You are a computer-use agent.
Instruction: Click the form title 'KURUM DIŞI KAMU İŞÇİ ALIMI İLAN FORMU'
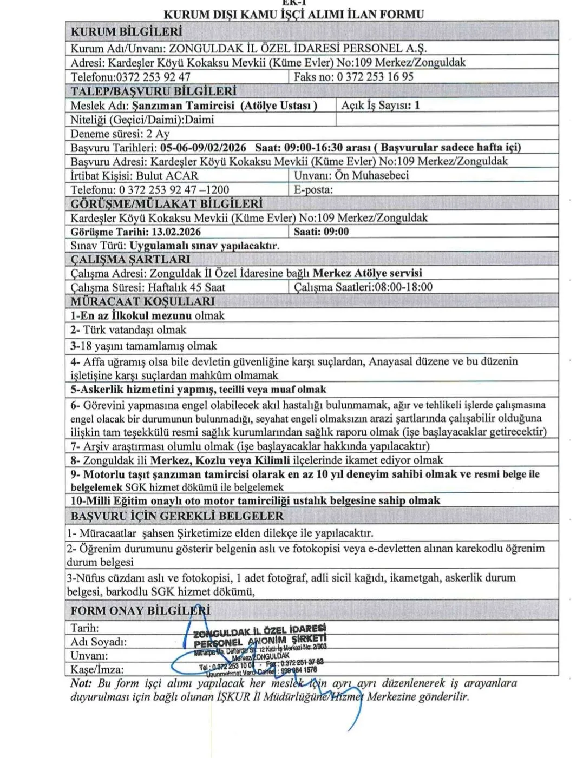(x=294, y=14)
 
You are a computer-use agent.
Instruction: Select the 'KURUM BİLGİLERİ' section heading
(x=126, y=32)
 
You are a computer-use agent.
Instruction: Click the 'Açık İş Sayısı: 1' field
(x=380, y=105)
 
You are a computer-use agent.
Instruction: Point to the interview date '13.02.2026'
(x=176, y=232)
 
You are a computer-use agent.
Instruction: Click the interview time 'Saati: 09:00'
(x=321, y=232)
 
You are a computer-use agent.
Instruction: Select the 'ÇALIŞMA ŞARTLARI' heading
(x=130, y=259)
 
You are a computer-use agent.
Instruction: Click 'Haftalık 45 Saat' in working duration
(x=186, y=287)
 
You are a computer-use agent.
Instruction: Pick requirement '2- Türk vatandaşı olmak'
(x=128, y=329)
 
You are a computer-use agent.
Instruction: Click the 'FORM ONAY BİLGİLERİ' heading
(x=140, y=610)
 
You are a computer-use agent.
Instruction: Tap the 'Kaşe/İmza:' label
(x=97, y=669)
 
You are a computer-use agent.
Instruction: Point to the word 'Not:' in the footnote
(x=81, y=683)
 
